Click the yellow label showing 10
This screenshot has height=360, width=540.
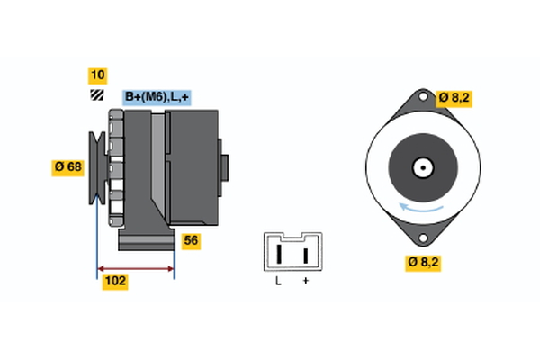click(x=97, y=75)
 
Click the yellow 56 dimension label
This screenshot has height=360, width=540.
click(x=191, y=240)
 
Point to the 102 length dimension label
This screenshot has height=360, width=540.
click(x=115, y=281)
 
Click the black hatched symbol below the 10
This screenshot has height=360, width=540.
click(x=96, y=95)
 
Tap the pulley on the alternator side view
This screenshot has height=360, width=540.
click(x=95, y=167)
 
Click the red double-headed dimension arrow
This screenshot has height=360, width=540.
click(x=136, y=268)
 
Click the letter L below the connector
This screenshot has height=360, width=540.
click(x=279, y=283)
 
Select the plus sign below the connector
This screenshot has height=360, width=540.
click(x=305, y=283)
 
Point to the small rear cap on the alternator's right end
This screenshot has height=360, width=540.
click(x=224, y=168)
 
